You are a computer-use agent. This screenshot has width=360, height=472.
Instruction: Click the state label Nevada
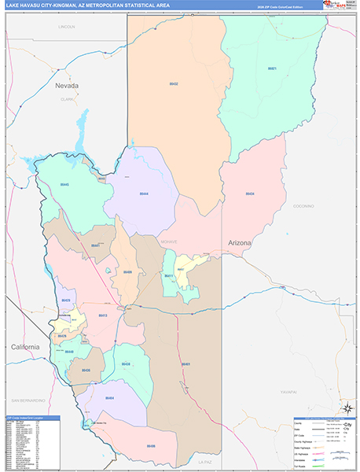coord(67,84)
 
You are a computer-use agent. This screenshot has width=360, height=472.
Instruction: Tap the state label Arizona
coord(240,243)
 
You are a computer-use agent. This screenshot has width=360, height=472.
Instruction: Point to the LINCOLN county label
coord(67,27)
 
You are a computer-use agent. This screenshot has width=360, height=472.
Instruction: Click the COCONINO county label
coord(303,205)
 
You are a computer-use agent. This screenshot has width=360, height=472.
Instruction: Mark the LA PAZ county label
coord(206,461)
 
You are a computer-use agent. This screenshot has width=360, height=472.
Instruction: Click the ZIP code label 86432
coord(174,83)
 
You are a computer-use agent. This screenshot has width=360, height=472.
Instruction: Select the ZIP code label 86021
coord(271,68)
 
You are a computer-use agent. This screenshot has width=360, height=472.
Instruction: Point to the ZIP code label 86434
coord(249,193)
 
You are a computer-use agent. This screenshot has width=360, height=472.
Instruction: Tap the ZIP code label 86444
coord(144,193)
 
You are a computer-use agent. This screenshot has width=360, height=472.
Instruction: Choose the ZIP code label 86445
coord(64,184)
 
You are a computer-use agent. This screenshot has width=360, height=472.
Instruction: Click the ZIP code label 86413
coord(102,315)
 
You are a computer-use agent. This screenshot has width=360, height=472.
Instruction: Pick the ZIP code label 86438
coord(126,364)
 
